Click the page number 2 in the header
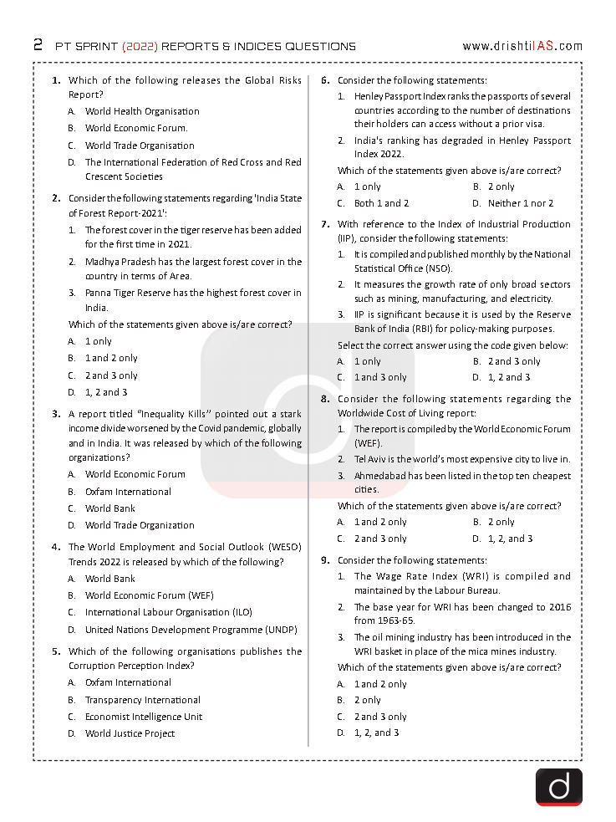[38, 45]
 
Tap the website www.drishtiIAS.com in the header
[522, 46]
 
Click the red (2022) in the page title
[139, 46]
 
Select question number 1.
[56, 81]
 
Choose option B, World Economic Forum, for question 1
[136, 128]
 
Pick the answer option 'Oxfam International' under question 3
[128, 492]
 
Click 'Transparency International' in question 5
[143, 700]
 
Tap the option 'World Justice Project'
[130, 733]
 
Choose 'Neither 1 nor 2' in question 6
[521, 203]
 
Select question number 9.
[325, 560]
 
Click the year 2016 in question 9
[560, 606]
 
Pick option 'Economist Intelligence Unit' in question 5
[143, 717]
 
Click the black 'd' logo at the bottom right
[557, 787]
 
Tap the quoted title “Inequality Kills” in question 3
[169, 413]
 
